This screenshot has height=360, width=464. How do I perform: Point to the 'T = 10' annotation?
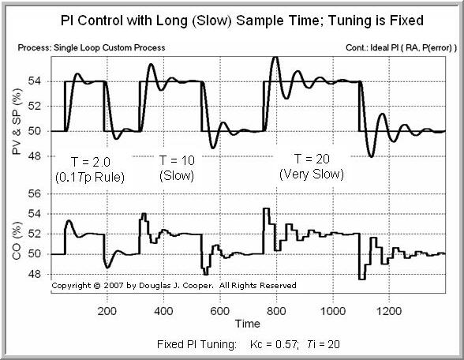[177, 159]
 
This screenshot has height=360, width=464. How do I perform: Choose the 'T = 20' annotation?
[312, 157]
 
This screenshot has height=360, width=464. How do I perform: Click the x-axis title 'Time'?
[247, 323]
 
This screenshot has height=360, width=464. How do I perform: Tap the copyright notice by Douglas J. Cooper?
[174, 286]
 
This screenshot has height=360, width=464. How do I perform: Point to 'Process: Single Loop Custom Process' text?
[91, 47]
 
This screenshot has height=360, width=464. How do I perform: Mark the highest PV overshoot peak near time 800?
[274, 58]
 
